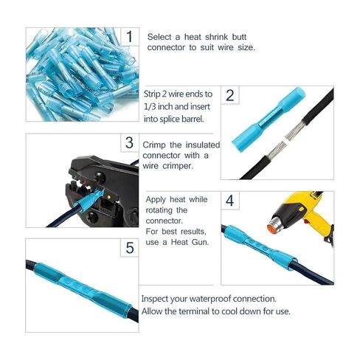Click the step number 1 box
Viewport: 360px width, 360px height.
tap(129, 37)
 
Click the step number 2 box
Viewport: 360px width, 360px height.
tap(231, 95)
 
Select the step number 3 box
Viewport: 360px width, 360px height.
tap(129, 142)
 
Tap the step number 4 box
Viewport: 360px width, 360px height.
tap(231, 201)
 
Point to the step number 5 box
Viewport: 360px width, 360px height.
tap(129, 248)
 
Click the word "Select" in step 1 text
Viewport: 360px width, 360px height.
tap(160, 36)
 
